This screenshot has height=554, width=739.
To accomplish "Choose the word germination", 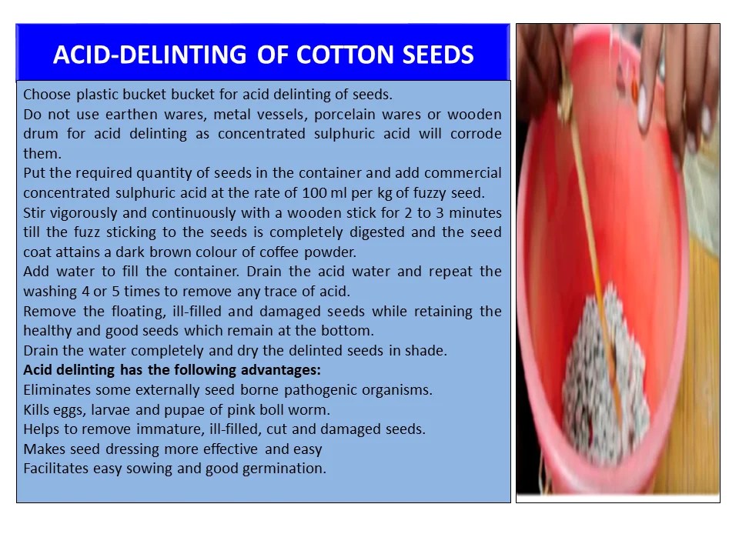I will [x=286, y=468].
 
